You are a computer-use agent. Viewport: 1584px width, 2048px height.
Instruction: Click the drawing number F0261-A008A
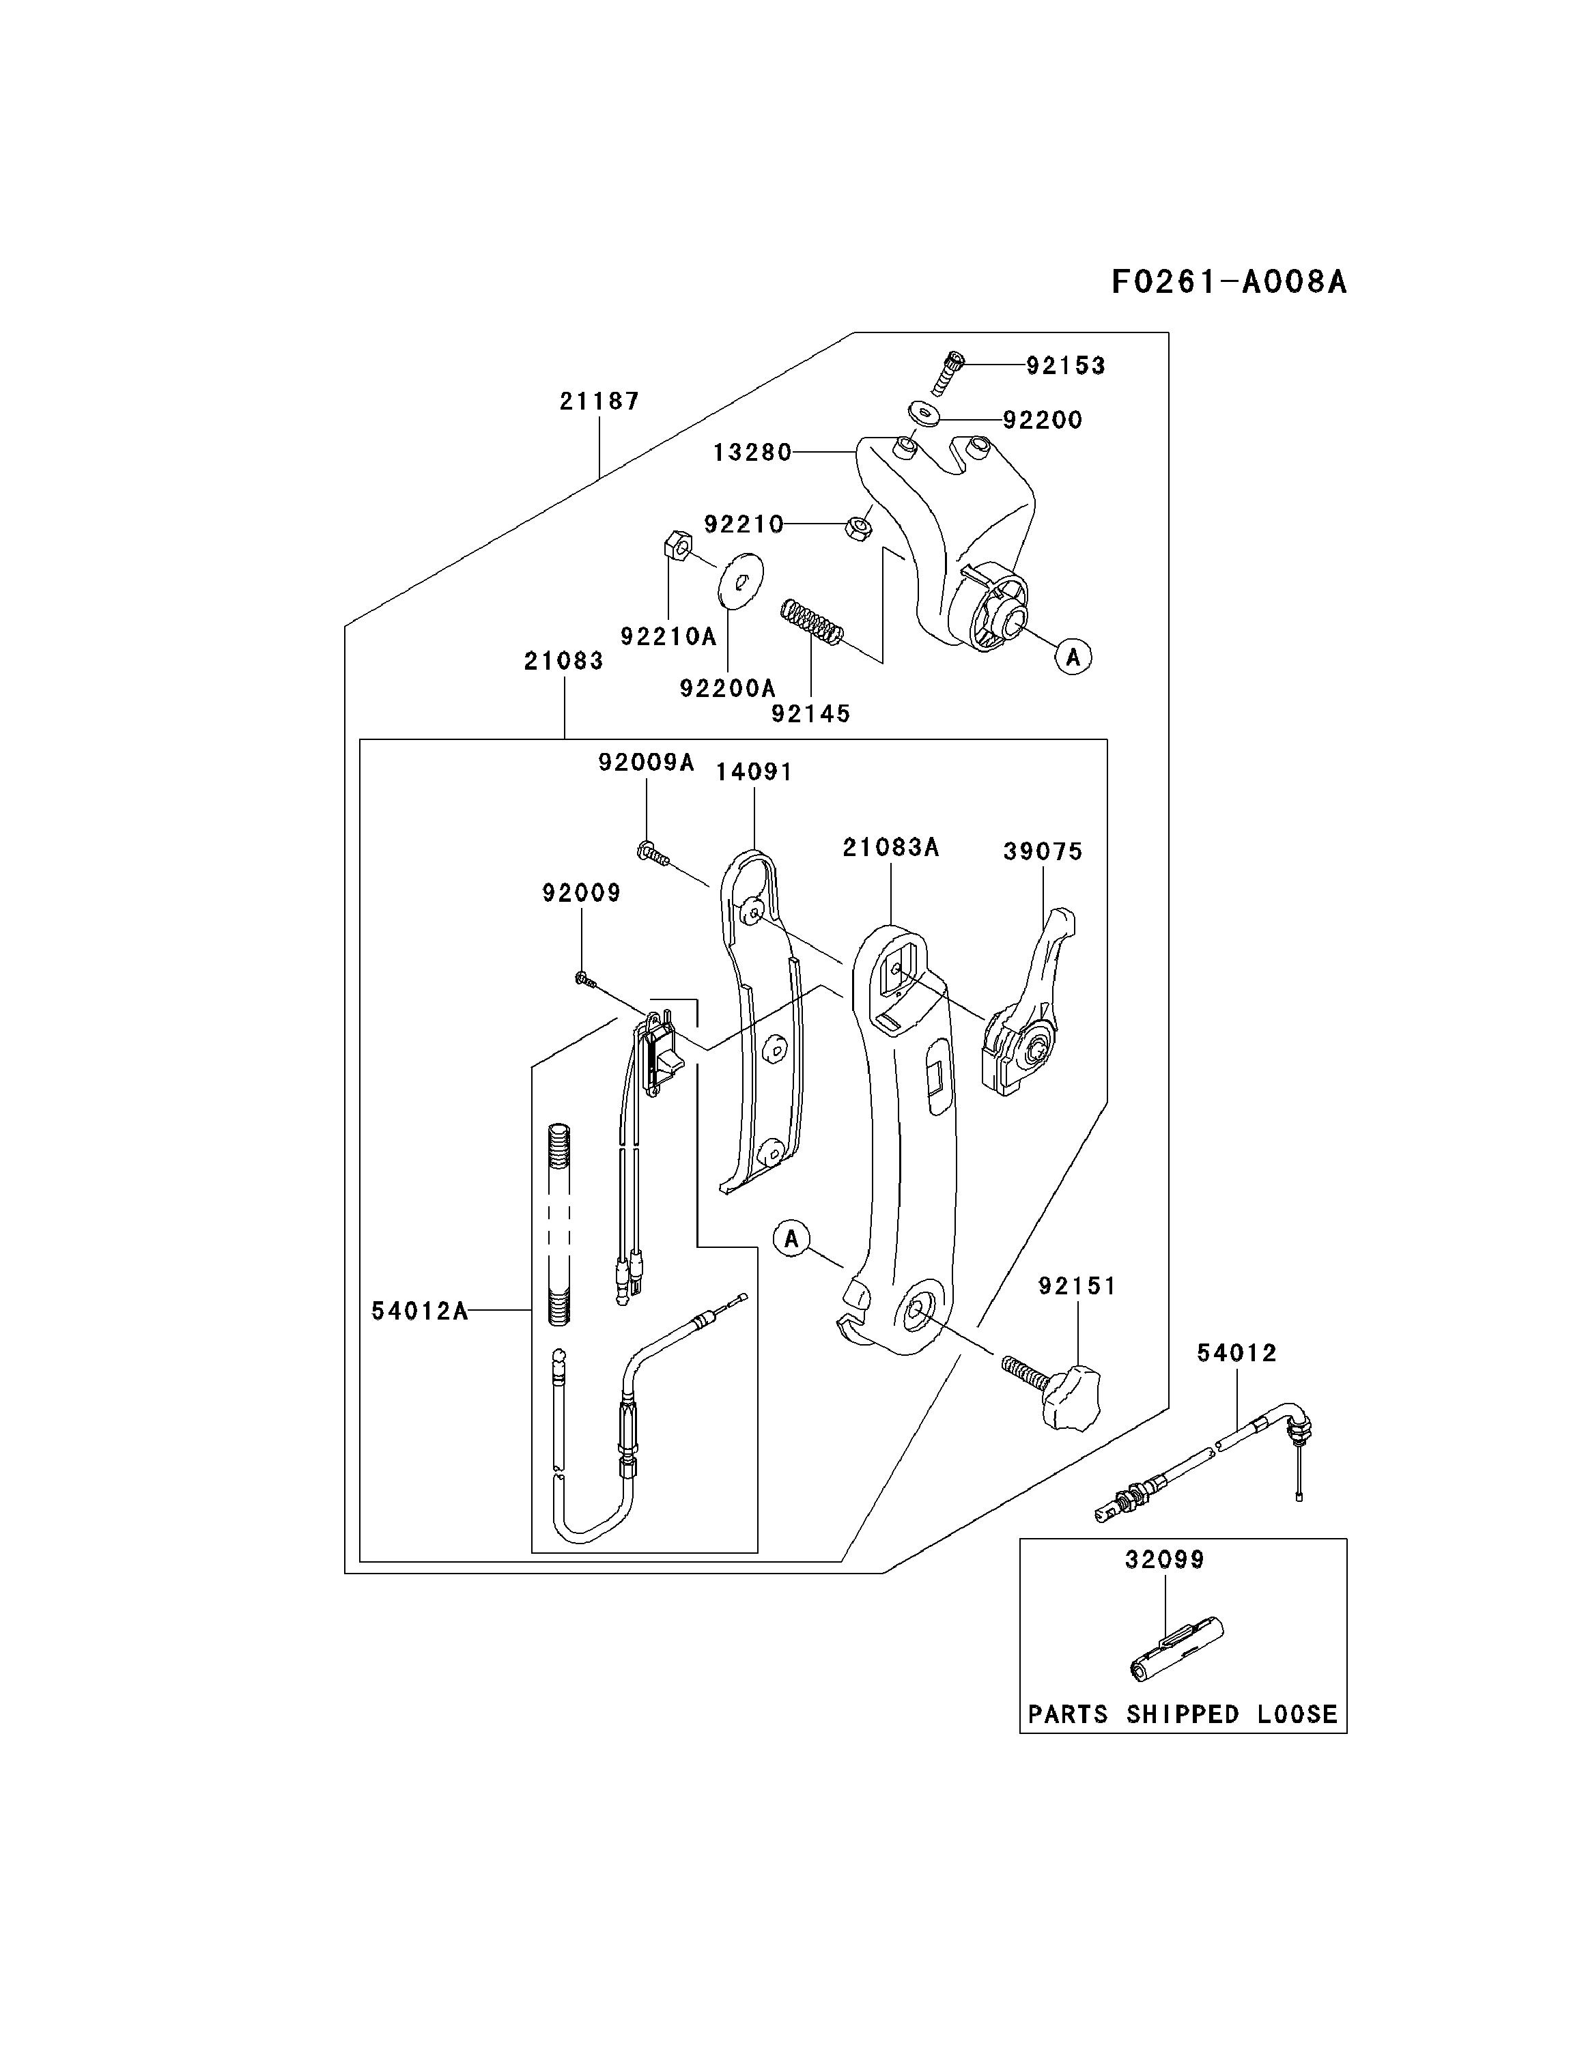[x=1228, y=281]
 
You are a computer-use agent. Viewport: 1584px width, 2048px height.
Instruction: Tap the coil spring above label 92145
[x=813, y=623]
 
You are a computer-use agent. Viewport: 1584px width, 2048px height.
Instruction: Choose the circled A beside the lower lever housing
[x=791, y=1239]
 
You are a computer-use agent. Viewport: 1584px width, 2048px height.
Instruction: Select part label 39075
[x=1043, y=851]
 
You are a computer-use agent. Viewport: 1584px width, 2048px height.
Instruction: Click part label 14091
[x=754, y=771]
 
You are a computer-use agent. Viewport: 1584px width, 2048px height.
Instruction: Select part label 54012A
[x=419, y=1311]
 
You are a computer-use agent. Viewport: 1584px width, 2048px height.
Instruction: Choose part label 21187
[x=599, y=401]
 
